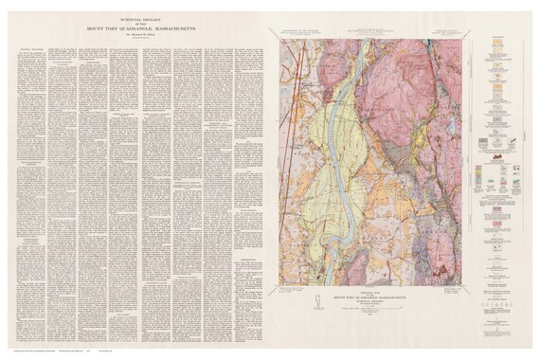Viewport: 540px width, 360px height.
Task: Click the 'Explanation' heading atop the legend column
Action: point(503,36)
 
